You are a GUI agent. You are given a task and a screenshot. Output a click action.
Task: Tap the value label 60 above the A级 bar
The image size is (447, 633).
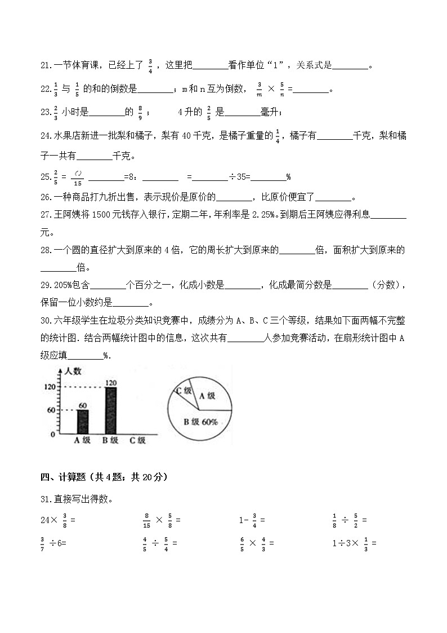(83, 405)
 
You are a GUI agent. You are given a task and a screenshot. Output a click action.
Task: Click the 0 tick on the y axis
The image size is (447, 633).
(52, 435)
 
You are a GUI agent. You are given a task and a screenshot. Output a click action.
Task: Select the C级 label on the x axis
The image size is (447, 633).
(137, 441)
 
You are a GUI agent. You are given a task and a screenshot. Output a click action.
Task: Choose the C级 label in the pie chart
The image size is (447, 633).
(184, 391)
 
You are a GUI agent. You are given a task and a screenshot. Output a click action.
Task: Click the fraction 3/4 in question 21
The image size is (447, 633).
(150, 67)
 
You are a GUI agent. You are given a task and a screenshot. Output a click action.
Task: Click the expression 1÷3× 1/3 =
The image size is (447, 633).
(354, 543)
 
